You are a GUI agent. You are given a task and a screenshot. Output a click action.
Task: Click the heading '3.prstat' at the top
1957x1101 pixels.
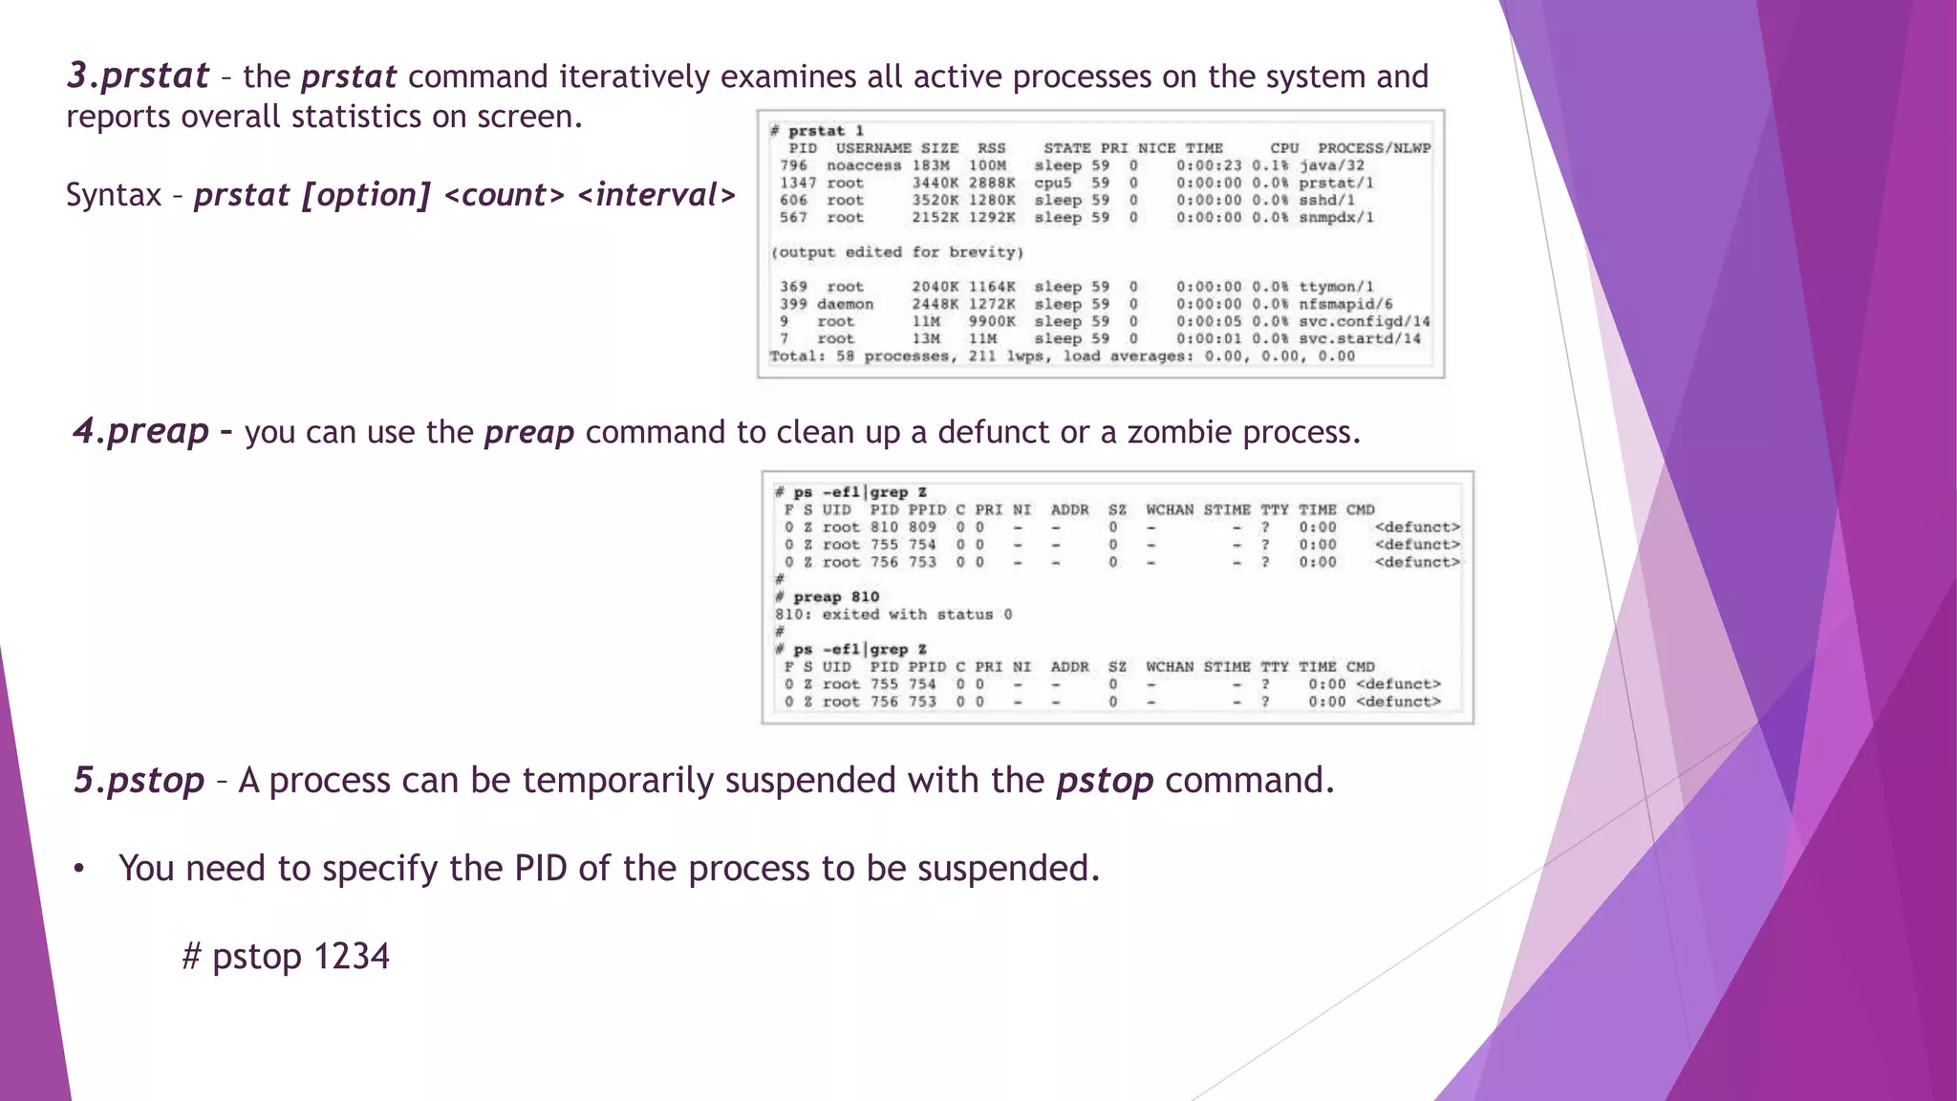pyautogui.click(x=138, y=76)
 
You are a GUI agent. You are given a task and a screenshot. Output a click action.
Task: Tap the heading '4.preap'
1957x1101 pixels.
pyautogui.click(x=141, y=431)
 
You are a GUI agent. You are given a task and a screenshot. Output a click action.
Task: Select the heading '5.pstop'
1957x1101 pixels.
pyautogui.click(x=140, y=780)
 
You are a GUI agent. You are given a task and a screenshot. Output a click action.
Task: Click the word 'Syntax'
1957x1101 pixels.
pyautogui.click(x=114, y=195)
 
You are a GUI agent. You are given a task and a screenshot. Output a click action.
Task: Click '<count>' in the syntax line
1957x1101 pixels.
pyautogui.click(x=505, y=195)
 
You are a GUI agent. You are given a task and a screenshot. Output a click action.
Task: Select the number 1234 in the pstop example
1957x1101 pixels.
pyautogui.click(x=352, y=956)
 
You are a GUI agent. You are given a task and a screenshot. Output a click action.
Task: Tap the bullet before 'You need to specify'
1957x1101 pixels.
pyautogui.click(x=80, y=869)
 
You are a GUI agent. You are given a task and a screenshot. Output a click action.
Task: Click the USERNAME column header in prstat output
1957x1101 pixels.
pyautogui.click(x=873, y=148)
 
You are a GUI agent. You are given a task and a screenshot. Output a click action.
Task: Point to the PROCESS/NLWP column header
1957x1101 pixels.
pyautogui.click(x=1374, y=148)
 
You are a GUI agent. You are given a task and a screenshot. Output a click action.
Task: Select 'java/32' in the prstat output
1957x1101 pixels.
pyautogui.click(x=1332, y=165)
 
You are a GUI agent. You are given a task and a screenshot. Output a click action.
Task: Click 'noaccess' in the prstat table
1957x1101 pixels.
pyautogui.click(x=864, y=165)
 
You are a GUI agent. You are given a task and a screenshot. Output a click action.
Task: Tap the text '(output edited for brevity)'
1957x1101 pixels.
pyautogui.click(x=896, y=252)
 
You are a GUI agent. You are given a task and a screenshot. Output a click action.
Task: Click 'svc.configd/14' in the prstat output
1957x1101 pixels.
pyautogui.click(x=1365, y=321)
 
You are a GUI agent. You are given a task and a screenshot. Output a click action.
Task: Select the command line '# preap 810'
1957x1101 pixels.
pyautogui.click(x=828, y=597)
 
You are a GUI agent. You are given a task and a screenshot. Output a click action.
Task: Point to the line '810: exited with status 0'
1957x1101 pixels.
pyautogui.click(x=893, y=615)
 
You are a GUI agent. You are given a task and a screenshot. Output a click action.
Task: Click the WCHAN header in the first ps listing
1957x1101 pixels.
pyautogui.click(x=1170, y=509)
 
